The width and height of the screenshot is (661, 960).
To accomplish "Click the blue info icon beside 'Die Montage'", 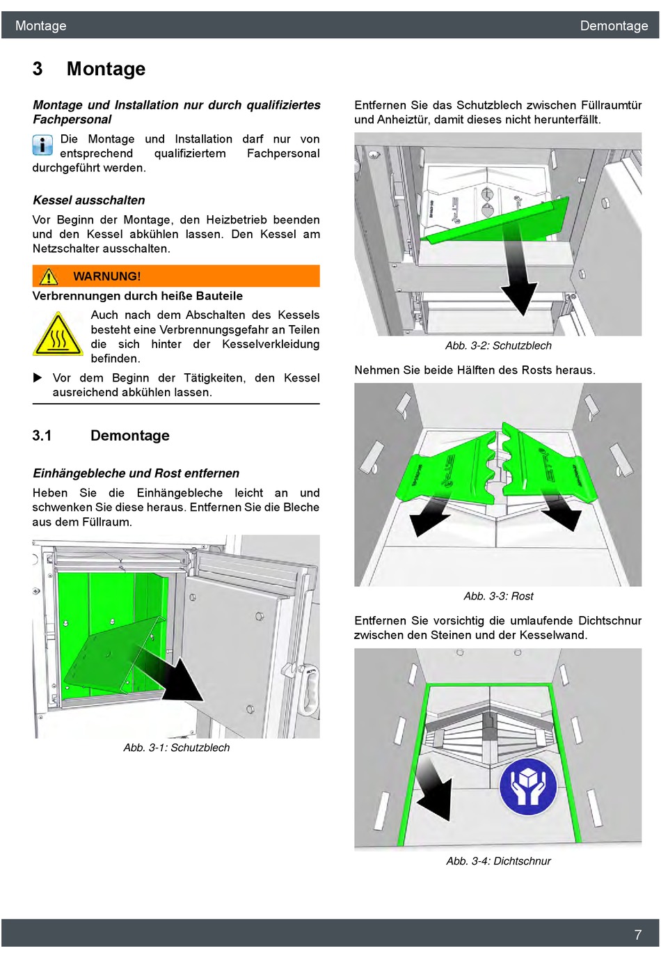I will pyautogui.click(x=42, y=145).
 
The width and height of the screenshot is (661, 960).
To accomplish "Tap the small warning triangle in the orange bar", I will pyautogui.click(x=49, y=277).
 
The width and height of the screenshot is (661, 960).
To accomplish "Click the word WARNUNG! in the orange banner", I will pyautogui.click(x=106, y=276).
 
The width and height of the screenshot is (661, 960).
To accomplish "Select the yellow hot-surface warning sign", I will pyautogui.click(x=58, y=335).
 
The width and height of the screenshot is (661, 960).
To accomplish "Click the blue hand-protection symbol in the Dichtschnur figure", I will pyautogui.click(x=529, y=787).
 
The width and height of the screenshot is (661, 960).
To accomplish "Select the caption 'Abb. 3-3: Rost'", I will pyautogui.click(x=498, y=596).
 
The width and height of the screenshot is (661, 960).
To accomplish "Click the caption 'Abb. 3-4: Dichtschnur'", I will pyautogui.click(x=498, y=861).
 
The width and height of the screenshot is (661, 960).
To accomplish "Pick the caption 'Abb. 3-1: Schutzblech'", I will pyautogui.click(x=176, y=748).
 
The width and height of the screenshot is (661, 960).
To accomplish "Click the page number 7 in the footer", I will pyautogui.click(x=637, y=935).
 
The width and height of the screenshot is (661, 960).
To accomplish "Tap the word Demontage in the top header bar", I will pyautogui.click(x=614, y=26).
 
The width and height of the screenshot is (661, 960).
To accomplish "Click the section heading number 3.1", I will pyautogui.click(x=42, y=436).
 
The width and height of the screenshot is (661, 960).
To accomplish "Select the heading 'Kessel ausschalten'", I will pyautogui.click(x=89, y=200).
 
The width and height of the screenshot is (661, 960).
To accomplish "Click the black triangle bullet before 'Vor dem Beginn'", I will pyautogui.click(x=38, y=378).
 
